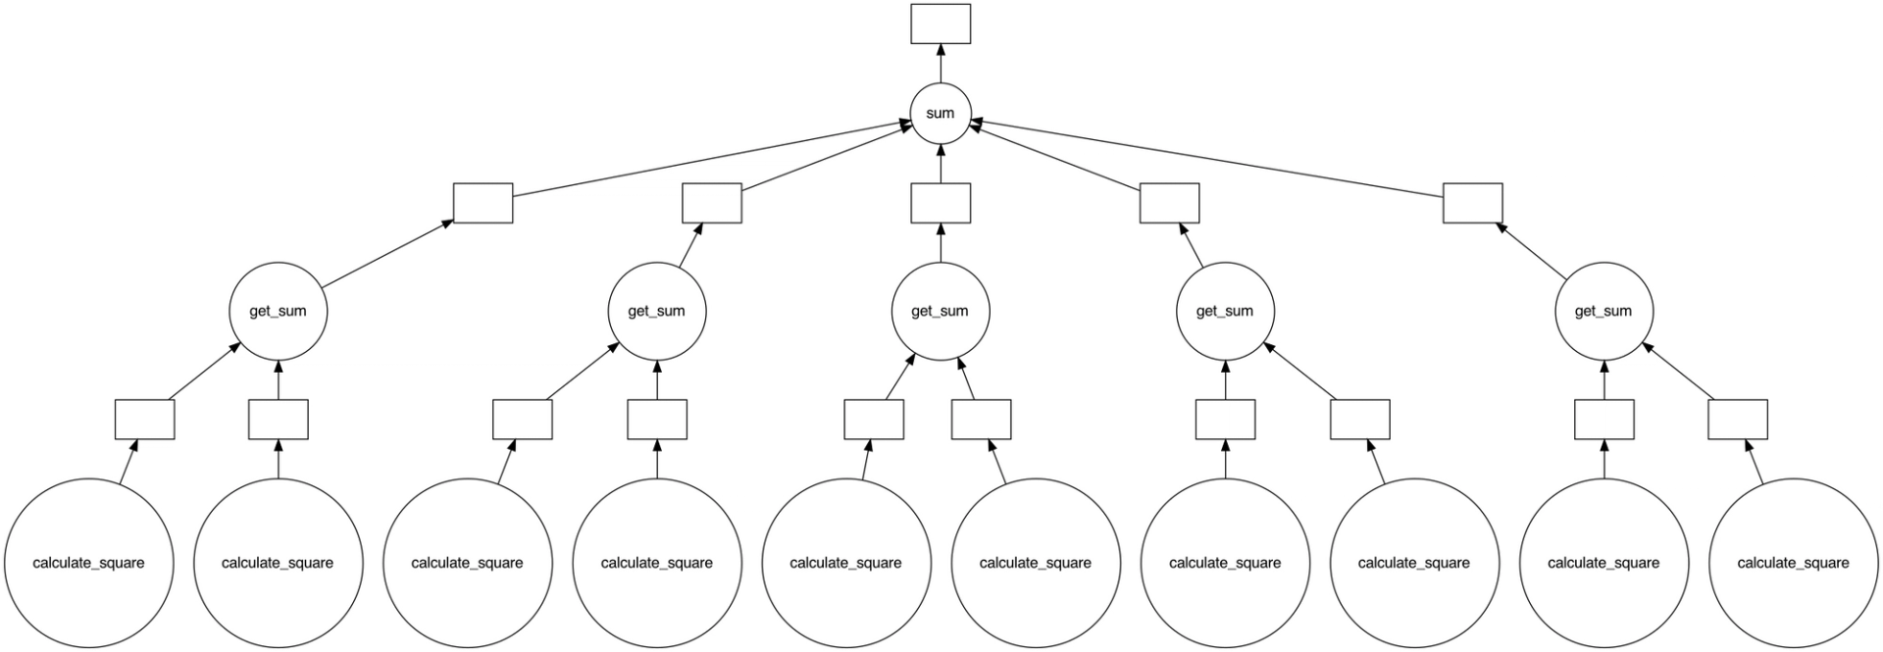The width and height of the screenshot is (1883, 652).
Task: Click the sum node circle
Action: coord(940,114)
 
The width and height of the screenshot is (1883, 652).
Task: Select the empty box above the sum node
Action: coord(940,24)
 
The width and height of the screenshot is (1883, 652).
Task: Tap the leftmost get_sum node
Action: coord(278,311)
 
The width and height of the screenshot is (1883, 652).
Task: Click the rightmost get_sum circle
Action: coord(1603,311)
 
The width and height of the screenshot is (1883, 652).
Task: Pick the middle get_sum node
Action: coord(940,311)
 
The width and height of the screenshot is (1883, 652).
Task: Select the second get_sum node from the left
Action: coord(656,311)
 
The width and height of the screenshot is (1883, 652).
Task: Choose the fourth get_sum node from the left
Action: coord(1224,311)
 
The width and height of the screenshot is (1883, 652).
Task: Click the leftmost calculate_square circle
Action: coord(88,563)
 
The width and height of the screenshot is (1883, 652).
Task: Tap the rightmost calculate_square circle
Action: coord(1792,563)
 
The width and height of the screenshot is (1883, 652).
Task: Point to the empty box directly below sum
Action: coord(940,203)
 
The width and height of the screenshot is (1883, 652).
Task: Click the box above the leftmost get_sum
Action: coord(483,203)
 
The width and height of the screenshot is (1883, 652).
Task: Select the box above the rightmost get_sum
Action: coord(1472,203)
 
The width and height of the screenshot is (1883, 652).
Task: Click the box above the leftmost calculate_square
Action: coord(144,420)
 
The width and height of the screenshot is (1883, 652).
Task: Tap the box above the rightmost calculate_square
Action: coord(1737,420)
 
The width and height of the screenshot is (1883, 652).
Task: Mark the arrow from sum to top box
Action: coord(940,65)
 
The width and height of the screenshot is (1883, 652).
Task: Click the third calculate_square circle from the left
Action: coord(467,563)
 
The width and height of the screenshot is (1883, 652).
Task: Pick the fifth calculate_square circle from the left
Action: coord(845,563)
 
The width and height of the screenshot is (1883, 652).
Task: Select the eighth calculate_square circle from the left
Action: coord(1413,563)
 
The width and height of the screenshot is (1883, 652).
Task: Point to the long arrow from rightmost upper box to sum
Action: coord(1206,157)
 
